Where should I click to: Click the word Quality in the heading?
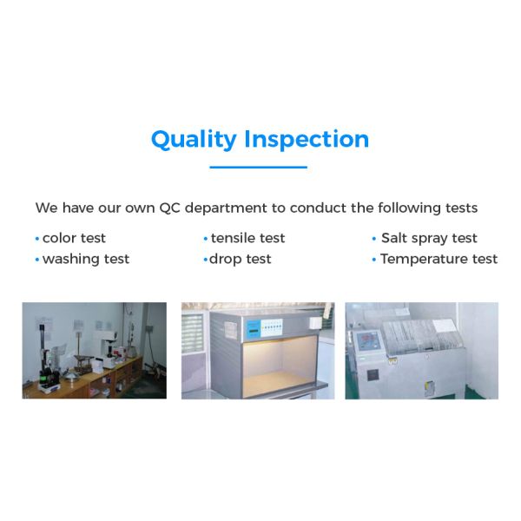pyautogui.click(x=194, y=140)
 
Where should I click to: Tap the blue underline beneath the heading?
pyautogui.click(x=259, y=167)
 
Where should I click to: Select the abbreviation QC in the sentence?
pyautogui.click(x=170, y=208)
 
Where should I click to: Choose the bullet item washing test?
pyautogui.click(x=85, y=259)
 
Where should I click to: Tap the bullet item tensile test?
pyautogui.click(x=247, y=238)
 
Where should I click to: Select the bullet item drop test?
pyautogui.click(x=241, y=259)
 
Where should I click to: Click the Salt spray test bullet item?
pyautogui.click(x=429, y=238)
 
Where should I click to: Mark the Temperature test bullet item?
pyautogui.click(x=439, y=259)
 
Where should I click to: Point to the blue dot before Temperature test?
pyautogui.click(x=373, y=260)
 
